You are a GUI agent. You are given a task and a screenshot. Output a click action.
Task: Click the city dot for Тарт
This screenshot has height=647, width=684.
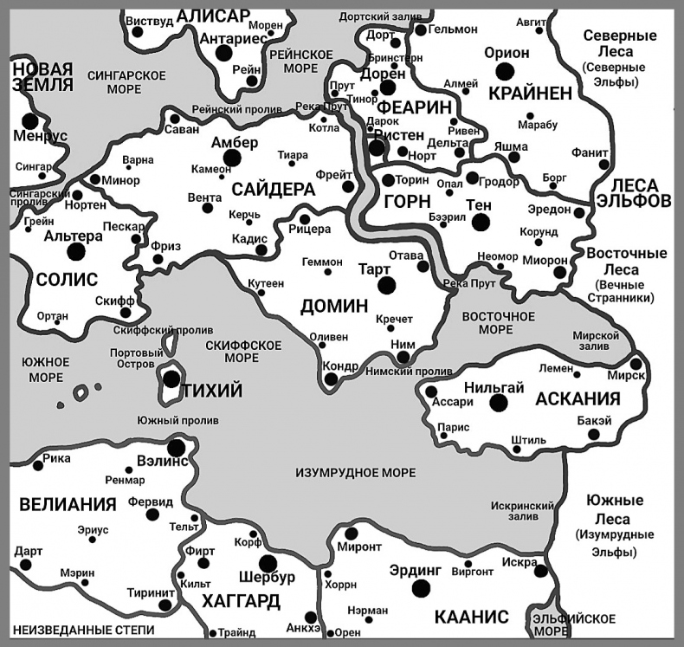click(386, 285)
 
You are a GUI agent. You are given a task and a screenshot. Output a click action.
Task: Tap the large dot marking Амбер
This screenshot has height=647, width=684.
click(231, 157)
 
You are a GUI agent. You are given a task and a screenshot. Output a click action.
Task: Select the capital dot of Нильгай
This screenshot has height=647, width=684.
click(498, 403)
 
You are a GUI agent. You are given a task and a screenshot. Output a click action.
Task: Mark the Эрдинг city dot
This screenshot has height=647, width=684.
click(421, 588)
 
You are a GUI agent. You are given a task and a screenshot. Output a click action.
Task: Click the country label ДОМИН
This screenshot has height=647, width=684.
click(334, 306)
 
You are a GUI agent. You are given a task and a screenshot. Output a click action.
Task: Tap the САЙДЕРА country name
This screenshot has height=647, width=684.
click(273, 188)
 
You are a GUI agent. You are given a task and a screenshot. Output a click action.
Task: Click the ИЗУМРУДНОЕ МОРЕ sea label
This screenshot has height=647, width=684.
click(355, 472)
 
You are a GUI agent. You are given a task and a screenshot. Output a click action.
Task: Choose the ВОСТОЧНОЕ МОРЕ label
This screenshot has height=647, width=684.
click(499, 323)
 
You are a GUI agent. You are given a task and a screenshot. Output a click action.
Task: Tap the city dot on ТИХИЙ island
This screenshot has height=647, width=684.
click(171, 378)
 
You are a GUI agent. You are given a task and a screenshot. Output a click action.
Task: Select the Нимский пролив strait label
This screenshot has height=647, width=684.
click(397, 372)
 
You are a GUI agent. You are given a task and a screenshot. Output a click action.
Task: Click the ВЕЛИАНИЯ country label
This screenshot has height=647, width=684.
click(68, 504)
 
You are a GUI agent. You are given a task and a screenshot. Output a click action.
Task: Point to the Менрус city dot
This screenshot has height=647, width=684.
click(30, 121)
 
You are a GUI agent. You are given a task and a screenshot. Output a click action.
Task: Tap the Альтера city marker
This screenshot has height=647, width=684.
click(75, 252)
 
